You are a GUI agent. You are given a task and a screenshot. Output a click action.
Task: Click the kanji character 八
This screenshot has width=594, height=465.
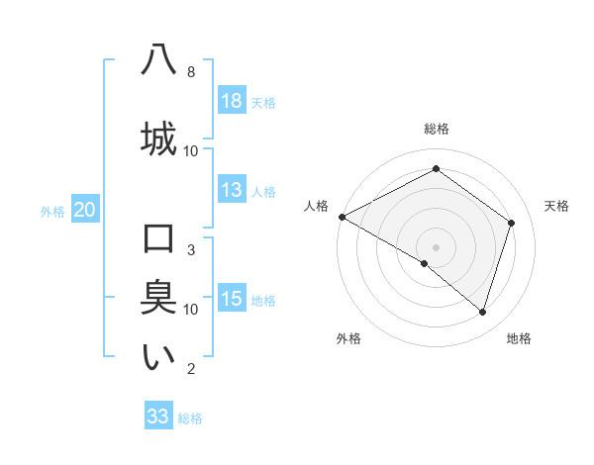(x=158, y=60)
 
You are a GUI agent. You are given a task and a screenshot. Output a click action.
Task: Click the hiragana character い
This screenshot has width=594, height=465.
(x=158, y=357)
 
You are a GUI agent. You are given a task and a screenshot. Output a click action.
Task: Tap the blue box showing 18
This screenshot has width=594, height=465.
(x=232, y=101)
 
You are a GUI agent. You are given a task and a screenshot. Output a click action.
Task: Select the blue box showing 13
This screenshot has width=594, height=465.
(x=232, y=190)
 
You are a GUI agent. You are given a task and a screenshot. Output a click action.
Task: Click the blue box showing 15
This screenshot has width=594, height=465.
(x=232, y=299)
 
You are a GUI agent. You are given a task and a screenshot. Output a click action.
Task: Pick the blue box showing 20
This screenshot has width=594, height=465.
(x=84, y=210)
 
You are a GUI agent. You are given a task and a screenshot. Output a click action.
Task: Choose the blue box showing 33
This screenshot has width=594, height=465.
(x=158, y=417)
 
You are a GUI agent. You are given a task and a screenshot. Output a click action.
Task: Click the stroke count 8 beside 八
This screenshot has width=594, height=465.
(x=191, y=72)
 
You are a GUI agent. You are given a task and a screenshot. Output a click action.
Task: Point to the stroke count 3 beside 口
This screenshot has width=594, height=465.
(x=191, y=250)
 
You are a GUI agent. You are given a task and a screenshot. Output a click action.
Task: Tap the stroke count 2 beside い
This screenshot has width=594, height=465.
(x=191, y=369)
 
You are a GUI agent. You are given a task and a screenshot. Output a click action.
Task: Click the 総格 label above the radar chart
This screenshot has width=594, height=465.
(x=436, y=129)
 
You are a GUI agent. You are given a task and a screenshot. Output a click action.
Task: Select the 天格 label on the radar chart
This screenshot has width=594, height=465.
(x=557, y=206)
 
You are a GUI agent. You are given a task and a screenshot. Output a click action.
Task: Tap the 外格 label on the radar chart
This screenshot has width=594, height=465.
(x=348, y=338)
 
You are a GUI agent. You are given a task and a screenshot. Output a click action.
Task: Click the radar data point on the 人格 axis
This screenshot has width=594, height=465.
(x=342, y=217)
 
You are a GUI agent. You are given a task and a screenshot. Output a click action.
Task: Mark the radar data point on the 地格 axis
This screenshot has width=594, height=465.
(x=482, y=312)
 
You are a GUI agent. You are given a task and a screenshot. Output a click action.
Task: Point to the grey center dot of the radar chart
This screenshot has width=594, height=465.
(x=436, y=246)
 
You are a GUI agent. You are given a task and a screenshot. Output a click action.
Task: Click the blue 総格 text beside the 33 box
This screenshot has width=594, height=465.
(x=190, y=418)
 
